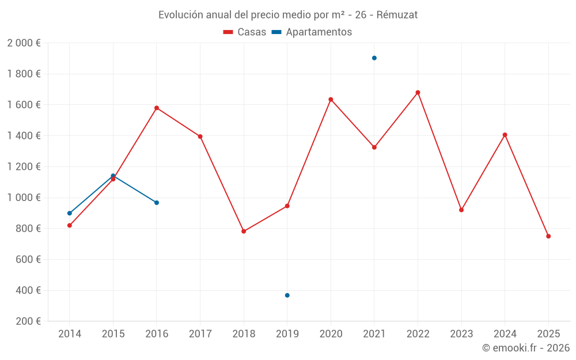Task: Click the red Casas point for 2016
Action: tap(157, 108)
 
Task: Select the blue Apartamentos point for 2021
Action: tap(374, 58)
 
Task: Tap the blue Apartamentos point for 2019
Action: tap(287, 295)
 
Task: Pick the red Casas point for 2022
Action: tap(418, 92)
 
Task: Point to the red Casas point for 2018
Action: tap(244, 232)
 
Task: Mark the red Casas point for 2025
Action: tap(548, 236)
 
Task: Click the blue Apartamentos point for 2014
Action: tap(70, 213)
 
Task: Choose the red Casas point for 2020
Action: tap(331, 99)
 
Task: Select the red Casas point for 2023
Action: tap(461, 210)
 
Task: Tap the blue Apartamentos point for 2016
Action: tap(157, 203)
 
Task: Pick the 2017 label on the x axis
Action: tap(200, 334)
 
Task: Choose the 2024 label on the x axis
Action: tap(505, 334)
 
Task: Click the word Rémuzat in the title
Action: tap(397, 15)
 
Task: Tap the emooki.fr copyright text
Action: tap(526, 348)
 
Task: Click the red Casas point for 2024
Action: tap(505, 135)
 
